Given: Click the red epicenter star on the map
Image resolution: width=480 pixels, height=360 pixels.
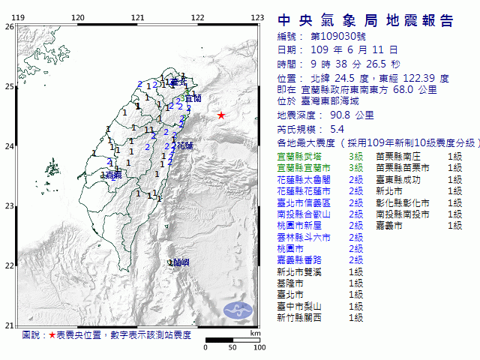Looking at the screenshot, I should point(221,115).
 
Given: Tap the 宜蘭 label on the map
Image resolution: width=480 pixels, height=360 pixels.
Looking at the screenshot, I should point(193,98).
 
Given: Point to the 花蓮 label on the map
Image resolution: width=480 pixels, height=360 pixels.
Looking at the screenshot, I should point(185,145).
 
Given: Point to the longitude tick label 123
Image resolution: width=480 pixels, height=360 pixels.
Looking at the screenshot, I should point(257,17).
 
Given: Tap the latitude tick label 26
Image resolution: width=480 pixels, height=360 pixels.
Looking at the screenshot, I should point(9,26).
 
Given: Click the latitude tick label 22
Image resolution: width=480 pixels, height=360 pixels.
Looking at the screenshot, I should point(9,265).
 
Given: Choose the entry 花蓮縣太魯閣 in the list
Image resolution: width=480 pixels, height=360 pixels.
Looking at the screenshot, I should point(303,180).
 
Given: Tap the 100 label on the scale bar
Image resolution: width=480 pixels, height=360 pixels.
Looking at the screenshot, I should point(259,348).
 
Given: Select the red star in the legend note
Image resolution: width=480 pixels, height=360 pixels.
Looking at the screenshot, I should point(52,334).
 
